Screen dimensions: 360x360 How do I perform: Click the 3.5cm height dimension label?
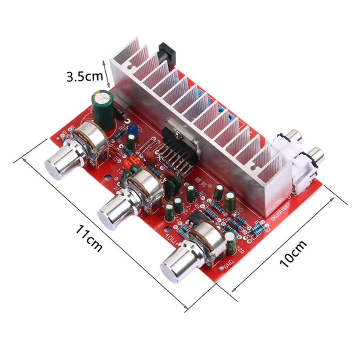[x=85, y=76]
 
